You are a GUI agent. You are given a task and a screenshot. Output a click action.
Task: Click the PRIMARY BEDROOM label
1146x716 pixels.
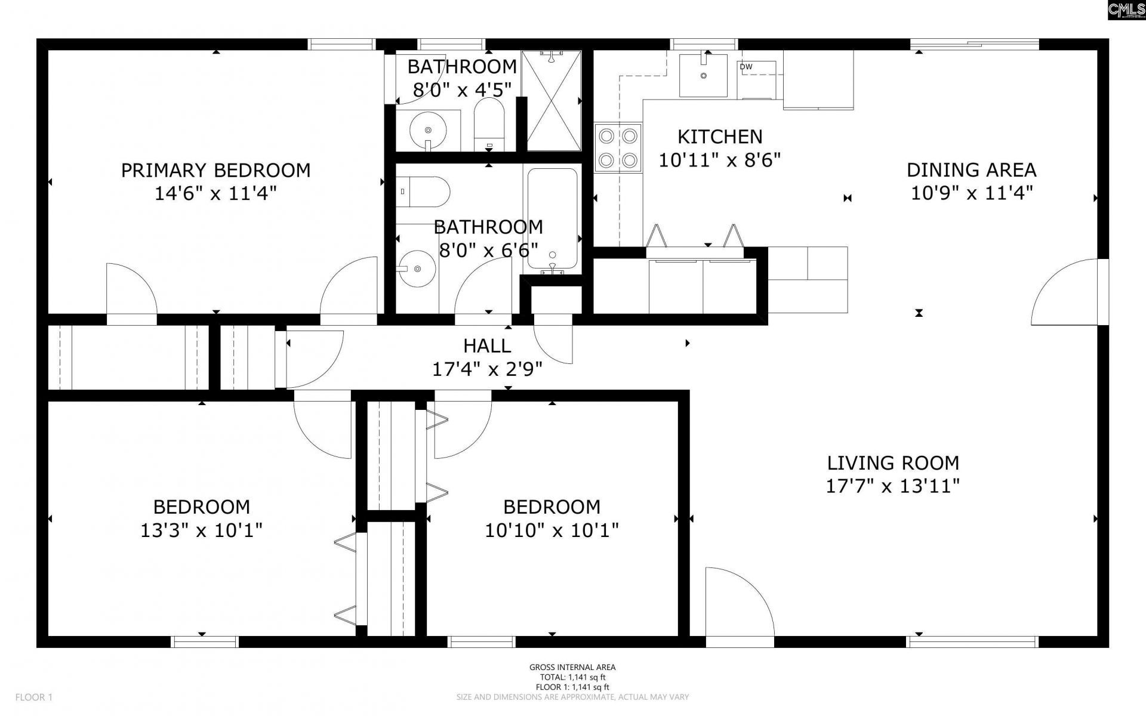[215, 171]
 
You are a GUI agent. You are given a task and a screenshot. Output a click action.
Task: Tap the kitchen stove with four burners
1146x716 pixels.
[618, 148]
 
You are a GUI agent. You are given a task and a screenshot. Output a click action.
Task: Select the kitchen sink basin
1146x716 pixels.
[704, 75]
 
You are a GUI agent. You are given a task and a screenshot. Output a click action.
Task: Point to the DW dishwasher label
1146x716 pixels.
[746, 67]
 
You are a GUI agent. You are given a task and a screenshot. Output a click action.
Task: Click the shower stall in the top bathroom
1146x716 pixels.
[552, 100]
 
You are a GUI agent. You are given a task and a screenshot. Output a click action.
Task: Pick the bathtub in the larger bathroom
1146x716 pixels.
[552, 219]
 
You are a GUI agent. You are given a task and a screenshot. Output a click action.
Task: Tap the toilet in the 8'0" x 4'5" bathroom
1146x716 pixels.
[489, 124]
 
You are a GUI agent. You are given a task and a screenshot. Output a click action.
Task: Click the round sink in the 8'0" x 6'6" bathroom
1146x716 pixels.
[417, 268]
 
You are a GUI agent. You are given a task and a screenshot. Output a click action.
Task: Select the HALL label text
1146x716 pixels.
[487, 346]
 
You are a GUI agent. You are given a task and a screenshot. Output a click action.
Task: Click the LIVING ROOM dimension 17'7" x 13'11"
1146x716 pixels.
[893, 486]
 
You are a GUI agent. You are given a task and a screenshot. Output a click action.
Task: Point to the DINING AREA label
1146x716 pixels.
[971, 171]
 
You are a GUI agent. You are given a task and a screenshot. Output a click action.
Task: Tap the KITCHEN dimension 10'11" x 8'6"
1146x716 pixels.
[720, 160]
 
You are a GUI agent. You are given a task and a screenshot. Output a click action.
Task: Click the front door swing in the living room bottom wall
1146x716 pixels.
[740, 602]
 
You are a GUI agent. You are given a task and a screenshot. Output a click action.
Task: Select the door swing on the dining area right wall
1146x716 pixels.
[1065, 292]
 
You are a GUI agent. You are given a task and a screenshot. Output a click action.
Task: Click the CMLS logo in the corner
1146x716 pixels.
[1126, 10]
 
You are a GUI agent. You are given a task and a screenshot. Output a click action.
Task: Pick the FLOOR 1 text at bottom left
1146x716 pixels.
[34, 697]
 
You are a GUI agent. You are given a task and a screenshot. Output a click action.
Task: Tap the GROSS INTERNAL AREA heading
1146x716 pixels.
[572, 668]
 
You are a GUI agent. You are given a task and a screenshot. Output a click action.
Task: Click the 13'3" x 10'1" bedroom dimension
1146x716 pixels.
[202, 530]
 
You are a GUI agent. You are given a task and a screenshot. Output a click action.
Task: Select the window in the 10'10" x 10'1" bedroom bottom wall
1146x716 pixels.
[481, 641]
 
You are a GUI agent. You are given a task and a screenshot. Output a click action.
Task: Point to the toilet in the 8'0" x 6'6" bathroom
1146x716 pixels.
[423, 191]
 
